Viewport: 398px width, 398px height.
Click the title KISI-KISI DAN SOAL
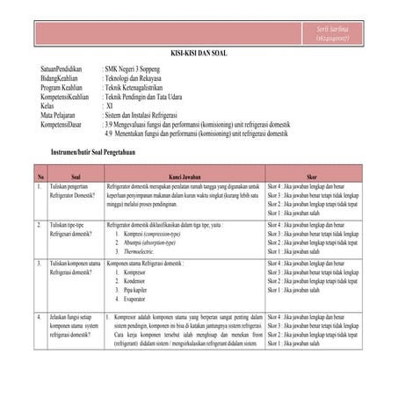click(198, 54)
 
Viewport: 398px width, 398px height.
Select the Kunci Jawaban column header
click(185, 177)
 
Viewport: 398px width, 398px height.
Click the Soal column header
click(76, 177)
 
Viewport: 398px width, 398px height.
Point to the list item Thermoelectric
click(145, 251)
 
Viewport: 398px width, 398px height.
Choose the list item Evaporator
click(138, 299)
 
